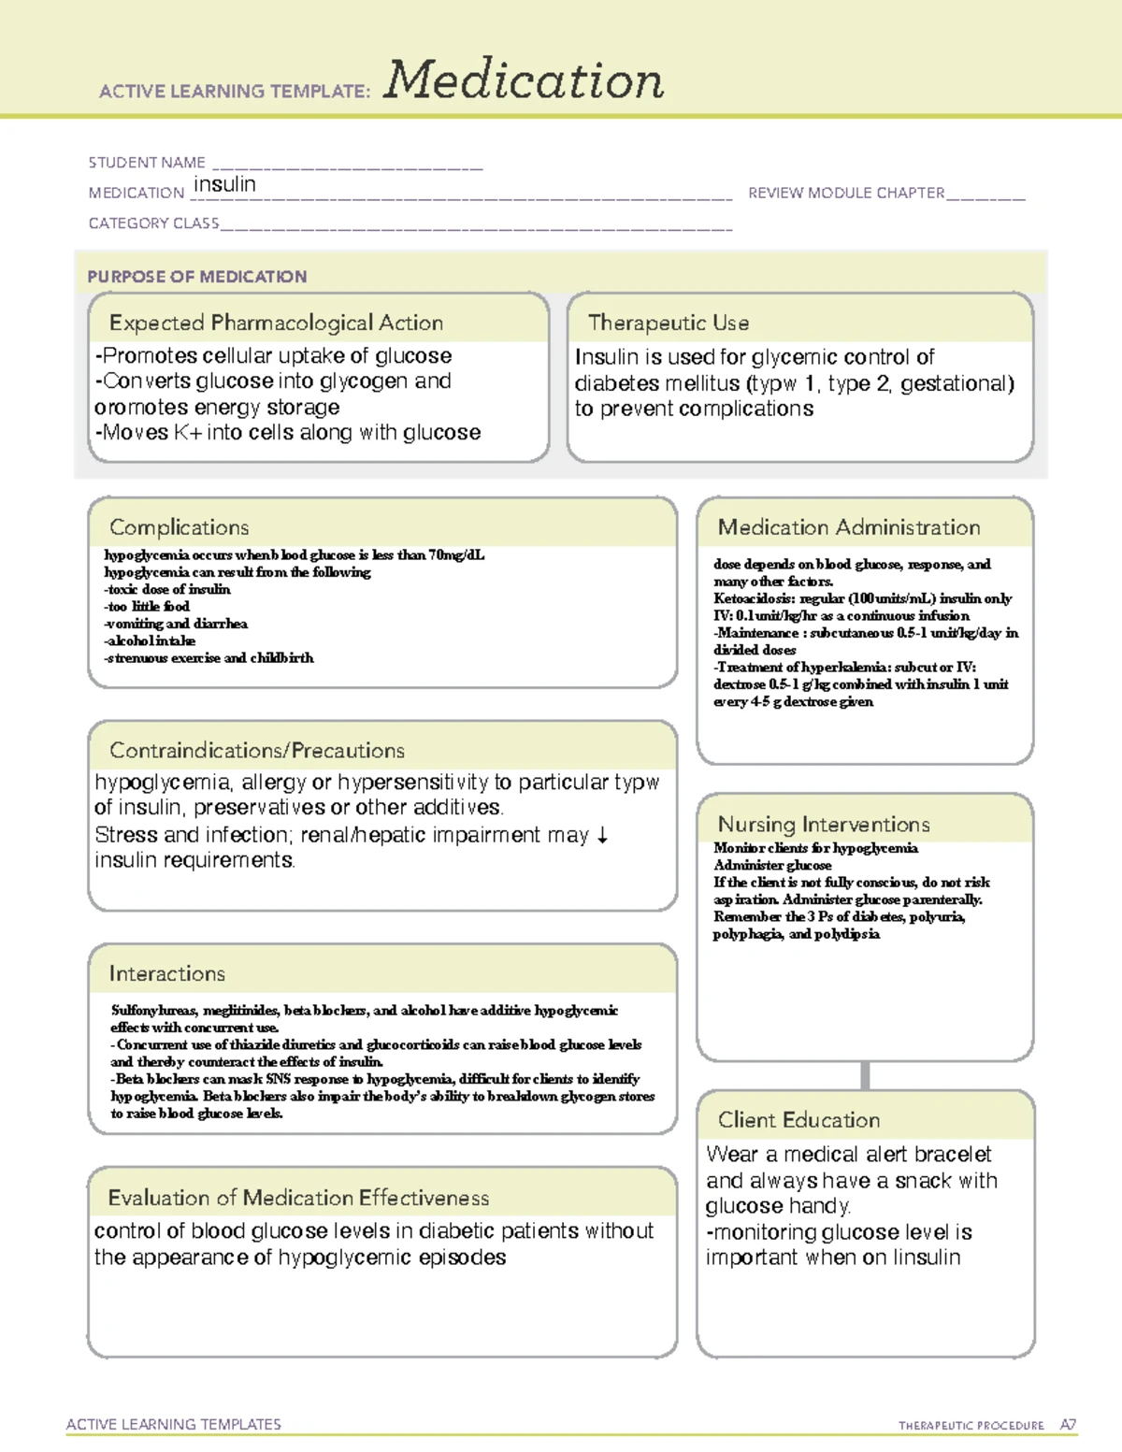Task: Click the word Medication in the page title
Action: [x=524, y=80]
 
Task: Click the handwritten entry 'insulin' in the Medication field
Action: [x=224, y=184]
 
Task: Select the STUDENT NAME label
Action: [x=147, y=163]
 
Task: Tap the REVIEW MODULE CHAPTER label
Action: [x=846, y=193]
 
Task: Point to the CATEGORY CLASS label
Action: [x=153, y=223]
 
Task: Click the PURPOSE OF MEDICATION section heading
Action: [x=197, y=277]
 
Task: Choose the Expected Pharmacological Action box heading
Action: [x=276, y=323]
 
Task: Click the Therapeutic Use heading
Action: [x=669, y=323]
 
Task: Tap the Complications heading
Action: [x=180, y=527]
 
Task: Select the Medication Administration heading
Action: [x=849, y=527]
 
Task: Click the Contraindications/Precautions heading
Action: [x=257, y=751]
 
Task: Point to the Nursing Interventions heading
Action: [x=824, y=825]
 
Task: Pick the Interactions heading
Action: [x=167, y=974]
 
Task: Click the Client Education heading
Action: [x=798, y=1120]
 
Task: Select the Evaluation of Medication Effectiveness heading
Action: [x=298, y=1198]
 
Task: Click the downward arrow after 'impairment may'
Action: [x=602, y=835]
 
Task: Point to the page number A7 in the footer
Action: [x=1068, y=1425]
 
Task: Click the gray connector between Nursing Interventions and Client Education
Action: [x=865, y=1075]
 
